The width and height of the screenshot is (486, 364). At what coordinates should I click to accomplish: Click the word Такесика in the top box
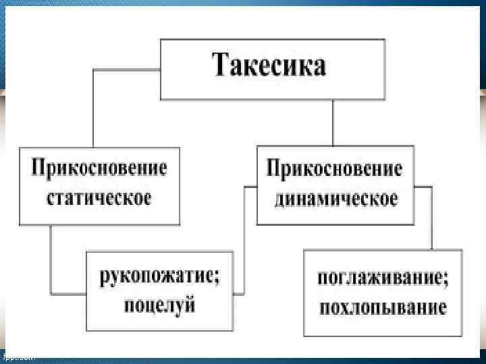pos(269,66)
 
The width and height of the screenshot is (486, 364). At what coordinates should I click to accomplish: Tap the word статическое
pos(99,200)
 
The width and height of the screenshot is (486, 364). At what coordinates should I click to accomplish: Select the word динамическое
pos(335,199)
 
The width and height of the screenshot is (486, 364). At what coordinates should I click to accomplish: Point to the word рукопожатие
pos(157,276)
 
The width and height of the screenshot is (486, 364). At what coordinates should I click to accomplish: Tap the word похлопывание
pos(383,307)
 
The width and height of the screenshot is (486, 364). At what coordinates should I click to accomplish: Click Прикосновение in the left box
pos(99,169)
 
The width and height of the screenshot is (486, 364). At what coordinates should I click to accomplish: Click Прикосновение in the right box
pos(335,168)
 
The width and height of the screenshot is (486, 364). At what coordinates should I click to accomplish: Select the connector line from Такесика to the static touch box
pos(94,101)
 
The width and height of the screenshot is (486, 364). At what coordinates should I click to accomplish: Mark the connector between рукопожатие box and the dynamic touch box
pos(244,243)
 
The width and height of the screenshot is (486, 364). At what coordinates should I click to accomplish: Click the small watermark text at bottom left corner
pos(17,358)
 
